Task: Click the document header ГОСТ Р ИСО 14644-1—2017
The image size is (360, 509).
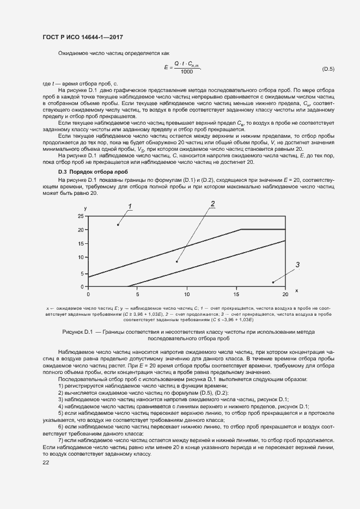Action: (x=82, y=37)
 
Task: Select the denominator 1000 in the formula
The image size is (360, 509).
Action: (x=187, y=72)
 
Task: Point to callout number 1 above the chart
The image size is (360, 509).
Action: (x=130, y=206)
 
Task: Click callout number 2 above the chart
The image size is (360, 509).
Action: (x=213, y=204)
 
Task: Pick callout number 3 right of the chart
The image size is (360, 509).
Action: (x=297, y=265)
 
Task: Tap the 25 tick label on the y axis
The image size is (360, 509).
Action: (x=81, y=216)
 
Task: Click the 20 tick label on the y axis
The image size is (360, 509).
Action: (x=81, y=230)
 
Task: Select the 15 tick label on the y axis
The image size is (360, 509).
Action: (x=81, y=243)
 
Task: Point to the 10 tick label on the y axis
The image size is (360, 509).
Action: (x=81, y=257)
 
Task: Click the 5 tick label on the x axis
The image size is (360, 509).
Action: (x=137, y=293)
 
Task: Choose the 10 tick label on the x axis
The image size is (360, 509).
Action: (x=187, y=293)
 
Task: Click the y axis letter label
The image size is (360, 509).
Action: (x=86, y=208)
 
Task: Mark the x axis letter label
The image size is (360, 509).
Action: (x=296, y=290)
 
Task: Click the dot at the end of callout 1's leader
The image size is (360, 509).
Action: (x=118, y=224)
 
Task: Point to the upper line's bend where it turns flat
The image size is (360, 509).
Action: (x=241, y=229)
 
